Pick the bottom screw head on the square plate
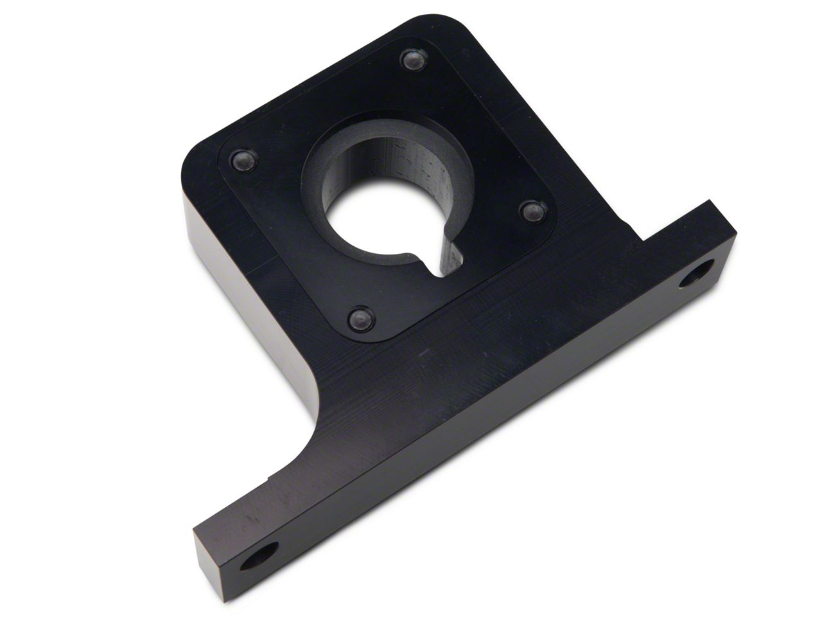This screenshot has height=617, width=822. pos(357,316)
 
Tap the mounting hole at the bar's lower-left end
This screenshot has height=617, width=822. pos(259,555)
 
